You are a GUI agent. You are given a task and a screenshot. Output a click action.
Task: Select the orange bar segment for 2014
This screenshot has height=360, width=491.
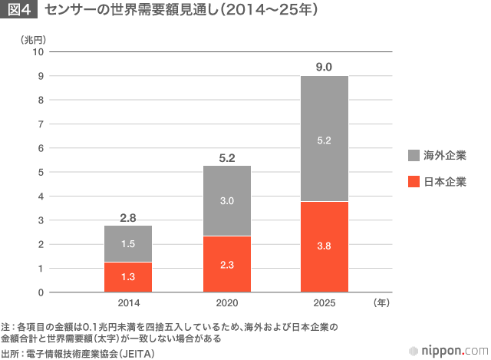[x=128, y=277]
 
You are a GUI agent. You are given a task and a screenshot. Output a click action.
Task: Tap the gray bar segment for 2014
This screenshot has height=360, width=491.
[x=128, y=244]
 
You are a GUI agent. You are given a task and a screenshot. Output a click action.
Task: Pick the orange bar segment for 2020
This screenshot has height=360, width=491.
[x=226, y=265]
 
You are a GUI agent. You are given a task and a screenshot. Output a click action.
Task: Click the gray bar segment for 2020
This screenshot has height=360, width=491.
[x=226, y=200]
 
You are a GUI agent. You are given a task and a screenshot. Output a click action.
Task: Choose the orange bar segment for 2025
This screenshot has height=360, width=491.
[x=324, y=247]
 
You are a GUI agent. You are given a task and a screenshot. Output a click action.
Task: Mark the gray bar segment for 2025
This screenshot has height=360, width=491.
[x=324, y=139]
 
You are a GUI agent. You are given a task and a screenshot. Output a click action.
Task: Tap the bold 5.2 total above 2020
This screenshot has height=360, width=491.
[x=226, y=158]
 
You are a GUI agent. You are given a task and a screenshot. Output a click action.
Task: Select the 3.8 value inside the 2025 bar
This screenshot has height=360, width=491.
[x=324, y=247]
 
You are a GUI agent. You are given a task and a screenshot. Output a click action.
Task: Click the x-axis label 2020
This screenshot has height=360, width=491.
[x=226, y=303]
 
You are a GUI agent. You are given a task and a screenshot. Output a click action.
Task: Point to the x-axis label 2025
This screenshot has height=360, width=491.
[x=324, y=303]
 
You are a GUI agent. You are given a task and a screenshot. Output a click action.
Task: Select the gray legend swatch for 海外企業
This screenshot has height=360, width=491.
[x=414, y=156]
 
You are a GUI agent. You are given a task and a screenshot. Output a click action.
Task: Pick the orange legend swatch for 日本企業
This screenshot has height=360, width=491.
[x=414, y=183]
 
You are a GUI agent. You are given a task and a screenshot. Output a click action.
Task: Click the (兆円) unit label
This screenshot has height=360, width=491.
[x=35, y=38]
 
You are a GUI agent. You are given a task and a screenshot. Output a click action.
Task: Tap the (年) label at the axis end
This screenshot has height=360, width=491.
[x=381, y=303]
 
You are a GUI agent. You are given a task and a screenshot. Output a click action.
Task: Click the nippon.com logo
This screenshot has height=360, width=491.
[x=449, y=349]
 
